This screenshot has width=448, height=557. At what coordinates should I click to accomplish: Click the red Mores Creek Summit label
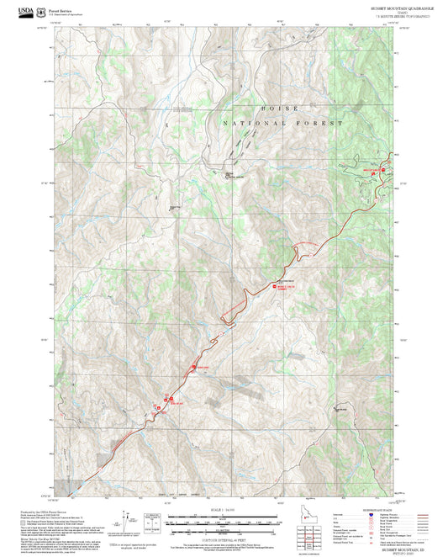[x=287, y=288]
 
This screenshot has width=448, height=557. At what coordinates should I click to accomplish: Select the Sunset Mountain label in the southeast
[x=340, y=409]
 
